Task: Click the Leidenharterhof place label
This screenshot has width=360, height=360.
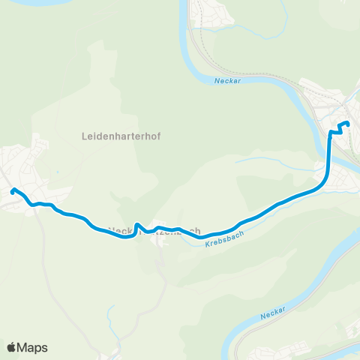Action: coord(121,136)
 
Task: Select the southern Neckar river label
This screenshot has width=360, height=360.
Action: coord(273,315)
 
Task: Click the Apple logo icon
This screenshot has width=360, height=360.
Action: coord(11,347)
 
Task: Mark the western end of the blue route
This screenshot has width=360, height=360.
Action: coord(13,190)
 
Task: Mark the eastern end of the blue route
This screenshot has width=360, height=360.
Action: coord(347,124)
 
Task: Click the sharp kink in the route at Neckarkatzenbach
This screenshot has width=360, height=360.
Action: coord(137,224)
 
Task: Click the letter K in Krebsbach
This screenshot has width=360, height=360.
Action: coord(207,250)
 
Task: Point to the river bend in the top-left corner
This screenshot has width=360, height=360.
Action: coord(22,2)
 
